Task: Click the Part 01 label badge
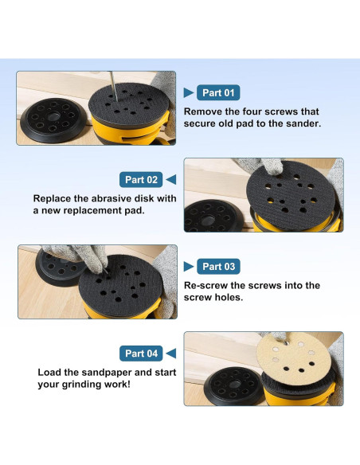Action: [x=218, y=92]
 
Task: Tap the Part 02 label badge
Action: [x=141, y=179]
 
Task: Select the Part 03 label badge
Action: [x=218, y=266]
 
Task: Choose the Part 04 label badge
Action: [x=141, y=354]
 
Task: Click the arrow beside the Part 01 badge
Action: [x=188, y=92]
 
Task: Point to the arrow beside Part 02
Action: [x=171, y=179]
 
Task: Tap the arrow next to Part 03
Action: [x=188, y=266]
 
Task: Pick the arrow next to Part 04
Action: [x=171, y=354]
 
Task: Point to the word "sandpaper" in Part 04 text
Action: [x=107, y=373]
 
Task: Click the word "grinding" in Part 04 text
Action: [x=81, y=385]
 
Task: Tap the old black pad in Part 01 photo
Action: [x=53, y=120]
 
